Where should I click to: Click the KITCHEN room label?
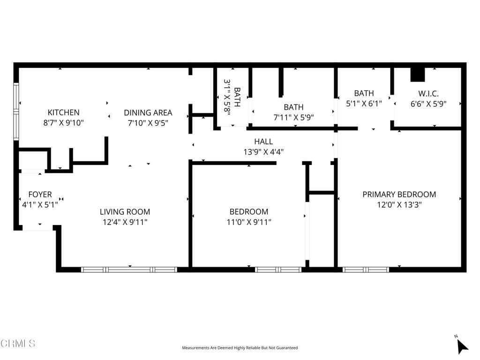pos(63,112)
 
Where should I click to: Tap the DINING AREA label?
pos(148,112)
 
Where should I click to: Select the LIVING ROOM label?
pos(125,211)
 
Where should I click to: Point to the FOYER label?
pos(40,195)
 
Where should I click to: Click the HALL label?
pos(263,142)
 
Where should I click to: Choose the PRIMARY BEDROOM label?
pos(399,195)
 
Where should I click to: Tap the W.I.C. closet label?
pos(428,93)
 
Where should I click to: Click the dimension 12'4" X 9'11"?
pos(125,222)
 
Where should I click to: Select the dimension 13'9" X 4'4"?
pos(263,151)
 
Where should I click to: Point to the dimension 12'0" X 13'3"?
pos(399,204)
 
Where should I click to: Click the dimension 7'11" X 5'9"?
pos(293,117)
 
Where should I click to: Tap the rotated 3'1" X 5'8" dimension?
pos(227,97)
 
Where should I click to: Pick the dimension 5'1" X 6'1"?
pos(364,104)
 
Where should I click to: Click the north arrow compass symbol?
pos(462,346)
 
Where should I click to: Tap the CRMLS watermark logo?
pos(18,343)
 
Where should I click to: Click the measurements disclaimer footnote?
pos(240,348)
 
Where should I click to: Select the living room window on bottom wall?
pos(129,270)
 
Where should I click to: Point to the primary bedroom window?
pos(366,270)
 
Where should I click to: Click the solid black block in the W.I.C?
pos(418,75)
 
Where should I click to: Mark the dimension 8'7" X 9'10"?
pos(63,123)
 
